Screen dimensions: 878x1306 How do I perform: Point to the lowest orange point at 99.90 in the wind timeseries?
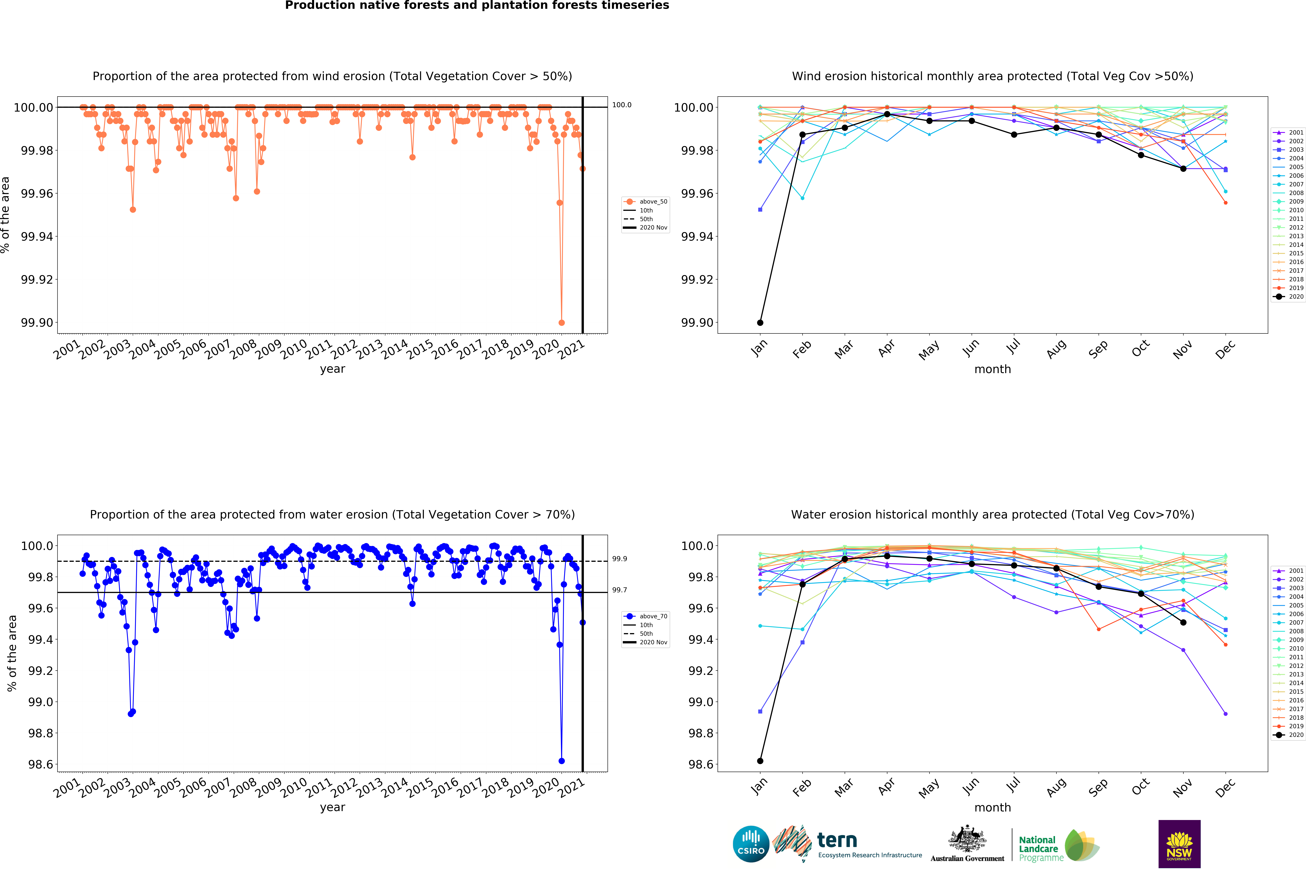pyautogui.click(x=562, y=323)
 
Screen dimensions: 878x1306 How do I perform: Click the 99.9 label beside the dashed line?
pyautogui.click(x=619, y=559)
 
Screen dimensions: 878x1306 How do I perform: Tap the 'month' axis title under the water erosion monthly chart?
pyautogui.click(x=992, y=808)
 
